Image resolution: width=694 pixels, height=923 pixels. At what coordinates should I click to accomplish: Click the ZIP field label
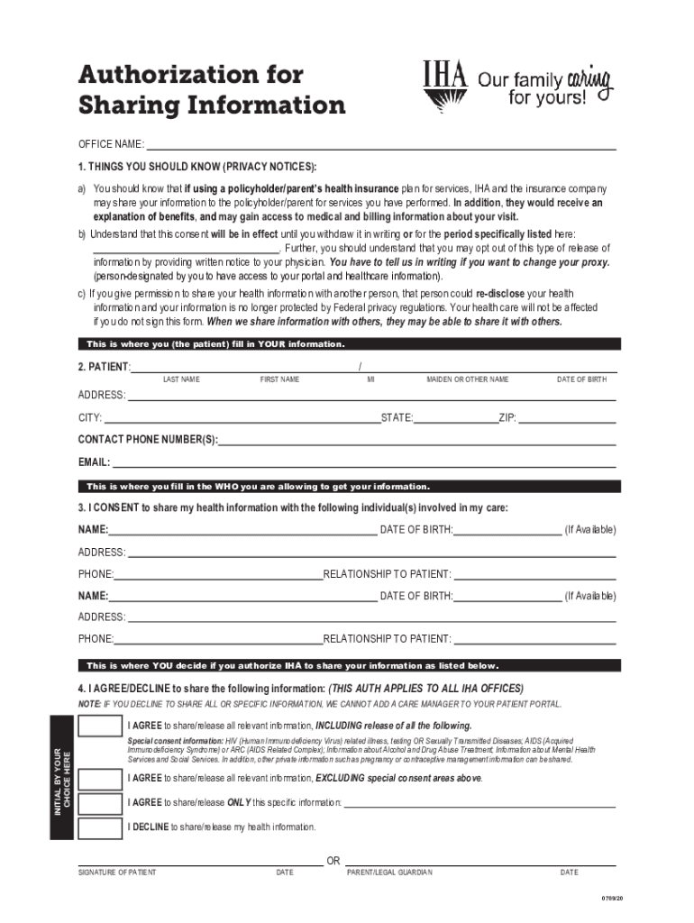click(x=507, y=418)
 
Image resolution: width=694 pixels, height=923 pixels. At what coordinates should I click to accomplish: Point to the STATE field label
click(x=397, y=418)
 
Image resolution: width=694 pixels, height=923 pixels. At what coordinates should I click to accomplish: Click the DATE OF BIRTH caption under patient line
click(x=581, y=379)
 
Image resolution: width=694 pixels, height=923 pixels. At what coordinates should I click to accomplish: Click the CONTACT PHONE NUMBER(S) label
click(x=148, y=440)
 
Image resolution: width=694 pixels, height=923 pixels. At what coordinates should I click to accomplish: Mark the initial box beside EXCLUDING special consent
click(x=100, y=778)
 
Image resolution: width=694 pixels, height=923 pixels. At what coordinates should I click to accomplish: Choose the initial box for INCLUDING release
click(x=100, y=727)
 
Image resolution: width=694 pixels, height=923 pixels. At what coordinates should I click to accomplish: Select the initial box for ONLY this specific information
click(x=100, y=803)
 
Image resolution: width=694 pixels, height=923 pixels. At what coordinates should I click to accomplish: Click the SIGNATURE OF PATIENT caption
click(x=117, y=873)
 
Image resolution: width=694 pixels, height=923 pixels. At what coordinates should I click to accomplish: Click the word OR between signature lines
click(x=333, y=861)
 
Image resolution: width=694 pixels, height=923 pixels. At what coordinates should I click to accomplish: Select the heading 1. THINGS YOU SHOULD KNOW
click(x=197, y=167)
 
